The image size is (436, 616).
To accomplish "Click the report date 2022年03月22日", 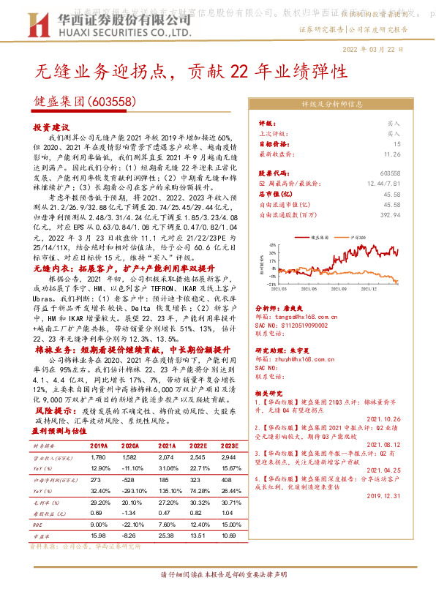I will tap(372, 48).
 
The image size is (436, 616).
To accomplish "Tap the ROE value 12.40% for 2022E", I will tap(198, 524).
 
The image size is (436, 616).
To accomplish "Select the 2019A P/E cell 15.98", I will tap(99, 535).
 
